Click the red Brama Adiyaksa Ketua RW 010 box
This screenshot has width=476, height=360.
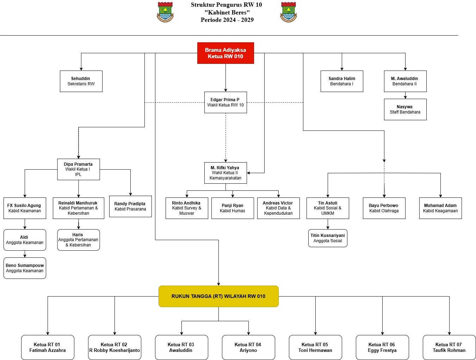(x=225, y=53)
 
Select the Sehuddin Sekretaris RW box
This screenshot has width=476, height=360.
(x=81, y=81)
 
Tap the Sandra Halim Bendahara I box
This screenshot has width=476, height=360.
(x=342, y=81)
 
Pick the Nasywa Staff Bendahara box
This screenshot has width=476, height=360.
(x=405, y=110)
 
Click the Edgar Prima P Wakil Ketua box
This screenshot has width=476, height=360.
(x=225, y=103)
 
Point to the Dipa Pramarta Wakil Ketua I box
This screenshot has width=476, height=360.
(x=78, y=170)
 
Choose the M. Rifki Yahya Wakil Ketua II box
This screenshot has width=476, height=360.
(x=225, y=173)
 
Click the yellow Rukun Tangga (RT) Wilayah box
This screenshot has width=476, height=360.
(x=218, y=297)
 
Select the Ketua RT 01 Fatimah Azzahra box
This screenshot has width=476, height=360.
(x=48, y=348)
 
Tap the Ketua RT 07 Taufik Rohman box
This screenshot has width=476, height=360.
(x=449, y=348)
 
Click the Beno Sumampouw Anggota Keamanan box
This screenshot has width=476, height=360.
(x=25, y=268)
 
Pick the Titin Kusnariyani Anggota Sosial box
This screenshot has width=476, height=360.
(x=328, y=238)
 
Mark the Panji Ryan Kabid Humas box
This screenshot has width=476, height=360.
(x=233, y=208)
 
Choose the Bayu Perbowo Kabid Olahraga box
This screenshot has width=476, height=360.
(x=384, y=208)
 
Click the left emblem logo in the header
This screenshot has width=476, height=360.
(x=165, y=12)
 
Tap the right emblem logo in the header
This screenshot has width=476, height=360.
(x=289, y=12)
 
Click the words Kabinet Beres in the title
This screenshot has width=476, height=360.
(x=227, y=12)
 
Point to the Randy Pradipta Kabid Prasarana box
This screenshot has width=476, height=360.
(x=130, y=207)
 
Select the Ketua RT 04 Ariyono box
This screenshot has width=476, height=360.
(x=248, y=348)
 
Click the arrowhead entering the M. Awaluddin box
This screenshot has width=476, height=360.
(x=405, y=69)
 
